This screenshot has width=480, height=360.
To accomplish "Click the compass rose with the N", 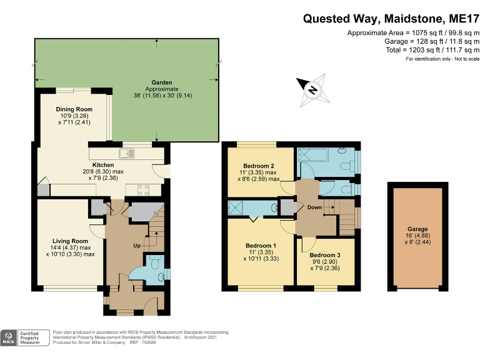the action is (x=313, y=90).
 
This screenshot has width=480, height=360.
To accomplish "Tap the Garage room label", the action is (x=417, y=229).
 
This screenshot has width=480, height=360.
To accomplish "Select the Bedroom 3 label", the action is (x=325, y=255).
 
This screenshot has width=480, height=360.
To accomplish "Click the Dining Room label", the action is (x=74, y=109).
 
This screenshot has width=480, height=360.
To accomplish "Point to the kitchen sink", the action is (x=127, y=153).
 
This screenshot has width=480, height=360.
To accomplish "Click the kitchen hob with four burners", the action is (x=143, y=190).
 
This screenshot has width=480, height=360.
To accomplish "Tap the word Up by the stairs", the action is (x=137, y=246).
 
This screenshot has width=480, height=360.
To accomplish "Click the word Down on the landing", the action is (x=314, y=207).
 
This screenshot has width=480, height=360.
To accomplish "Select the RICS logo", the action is (x=9, y=338).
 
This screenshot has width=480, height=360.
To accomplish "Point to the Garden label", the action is (x=162, y=82).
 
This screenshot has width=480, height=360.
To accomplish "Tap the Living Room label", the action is (x=70, y=241).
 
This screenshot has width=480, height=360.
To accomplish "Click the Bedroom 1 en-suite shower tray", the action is (x=236, y=207).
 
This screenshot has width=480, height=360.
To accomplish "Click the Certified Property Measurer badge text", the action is (x=30, y=338).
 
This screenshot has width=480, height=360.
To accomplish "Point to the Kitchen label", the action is (x=103, y=165).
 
